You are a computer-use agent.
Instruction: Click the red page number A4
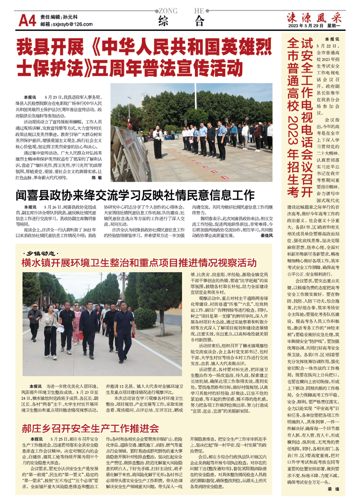pyautogui.click(x=27, y=21)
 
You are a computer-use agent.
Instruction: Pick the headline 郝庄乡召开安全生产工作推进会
pyautogui.click(x=90, y=428)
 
